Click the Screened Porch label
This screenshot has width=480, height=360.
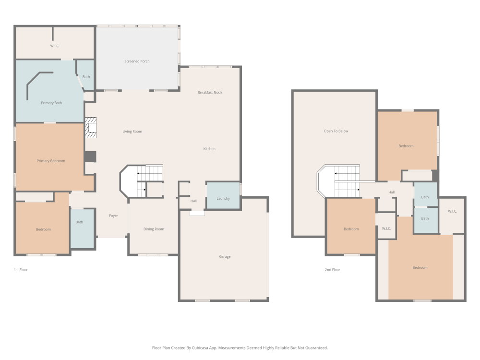(137, 61)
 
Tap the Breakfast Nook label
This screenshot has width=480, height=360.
(210, 93)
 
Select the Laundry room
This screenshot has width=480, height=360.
(223, 196)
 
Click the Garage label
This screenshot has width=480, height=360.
(225, 256)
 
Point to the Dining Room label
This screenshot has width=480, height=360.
(154, 229)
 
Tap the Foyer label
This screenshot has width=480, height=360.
(113, 216)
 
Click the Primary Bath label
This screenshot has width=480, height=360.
(51, 103)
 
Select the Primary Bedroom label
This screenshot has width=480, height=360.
(51, 161)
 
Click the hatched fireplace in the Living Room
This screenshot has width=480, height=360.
(91, 128)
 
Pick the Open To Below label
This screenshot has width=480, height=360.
(336, 131)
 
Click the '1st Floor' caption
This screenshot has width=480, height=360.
(21, 270)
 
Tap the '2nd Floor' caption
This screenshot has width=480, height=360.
(333, 270)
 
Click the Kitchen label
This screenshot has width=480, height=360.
(209, 149)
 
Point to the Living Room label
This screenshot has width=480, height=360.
(132, 132)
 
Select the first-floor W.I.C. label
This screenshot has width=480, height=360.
(55, 46)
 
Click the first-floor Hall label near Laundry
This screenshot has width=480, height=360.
(193, 201)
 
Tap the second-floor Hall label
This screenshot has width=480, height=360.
(392, 192)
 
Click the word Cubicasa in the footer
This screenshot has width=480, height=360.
(200, 348)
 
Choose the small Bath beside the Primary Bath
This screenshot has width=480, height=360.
(85, 75)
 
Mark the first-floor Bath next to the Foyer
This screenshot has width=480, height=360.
(83, 228)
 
